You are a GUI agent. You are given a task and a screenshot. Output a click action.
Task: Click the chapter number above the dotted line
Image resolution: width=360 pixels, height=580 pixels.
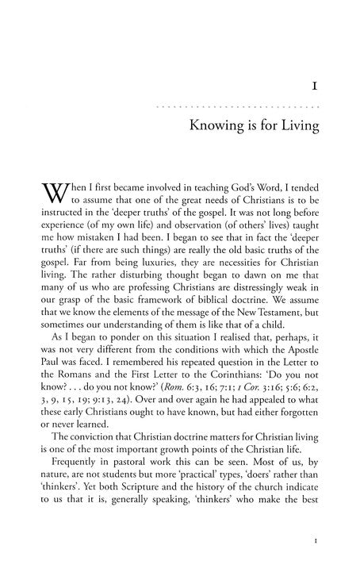click(316, 82)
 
